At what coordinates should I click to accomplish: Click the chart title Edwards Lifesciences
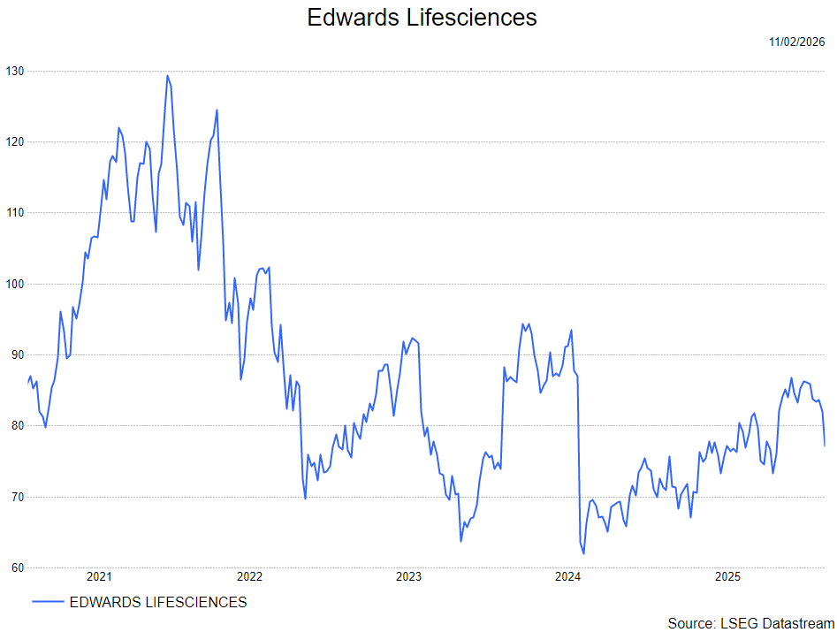422,17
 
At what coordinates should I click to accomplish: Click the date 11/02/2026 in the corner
796,42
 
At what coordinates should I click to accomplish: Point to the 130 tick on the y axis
14,71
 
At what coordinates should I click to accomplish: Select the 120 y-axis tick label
14,141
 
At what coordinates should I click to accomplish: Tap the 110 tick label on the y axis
14,213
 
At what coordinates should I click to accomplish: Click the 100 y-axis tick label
14,284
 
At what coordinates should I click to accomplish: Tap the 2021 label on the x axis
99,578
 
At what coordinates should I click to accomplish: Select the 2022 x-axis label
249,578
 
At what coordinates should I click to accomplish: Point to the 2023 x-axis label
408,578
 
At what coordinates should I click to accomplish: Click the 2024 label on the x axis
567,578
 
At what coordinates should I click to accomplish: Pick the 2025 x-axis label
727,578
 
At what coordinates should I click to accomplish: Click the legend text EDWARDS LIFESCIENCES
158,603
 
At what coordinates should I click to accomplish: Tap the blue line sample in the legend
48,603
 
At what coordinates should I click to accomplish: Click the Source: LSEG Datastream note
750,623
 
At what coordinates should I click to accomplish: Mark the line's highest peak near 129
167,75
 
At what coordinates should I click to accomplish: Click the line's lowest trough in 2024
583,553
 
